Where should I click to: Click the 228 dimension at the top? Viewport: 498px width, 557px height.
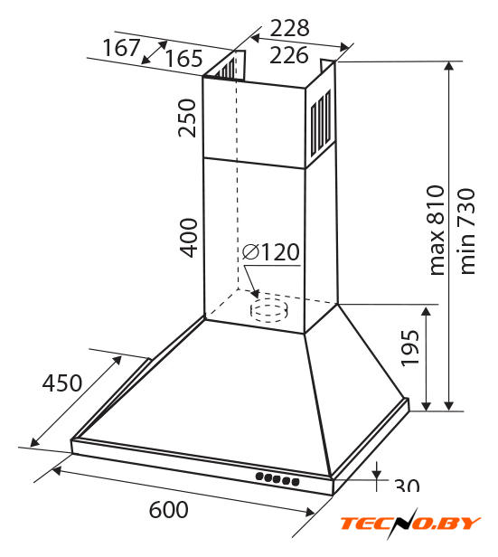[x=289, y=28]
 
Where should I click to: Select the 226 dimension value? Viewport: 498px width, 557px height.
[x=289, y=55]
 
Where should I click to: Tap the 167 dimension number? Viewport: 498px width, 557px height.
[x=121, y=48]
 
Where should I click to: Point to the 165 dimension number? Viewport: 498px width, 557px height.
[x=183, y=59]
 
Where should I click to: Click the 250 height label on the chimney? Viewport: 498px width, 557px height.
[x=187, y=118]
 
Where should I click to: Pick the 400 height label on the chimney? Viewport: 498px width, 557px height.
[x=188, y=238]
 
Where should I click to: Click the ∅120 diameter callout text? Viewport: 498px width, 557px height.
[x=271, y=252]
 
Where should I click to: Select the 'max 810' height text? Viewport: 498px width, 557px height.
[x=437, y=231]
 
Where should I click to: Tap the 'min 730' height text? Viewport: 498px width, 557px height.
[x=466, y=231]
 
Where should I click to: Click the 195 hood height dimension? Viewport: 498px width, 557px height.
[x=410, y=348]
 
